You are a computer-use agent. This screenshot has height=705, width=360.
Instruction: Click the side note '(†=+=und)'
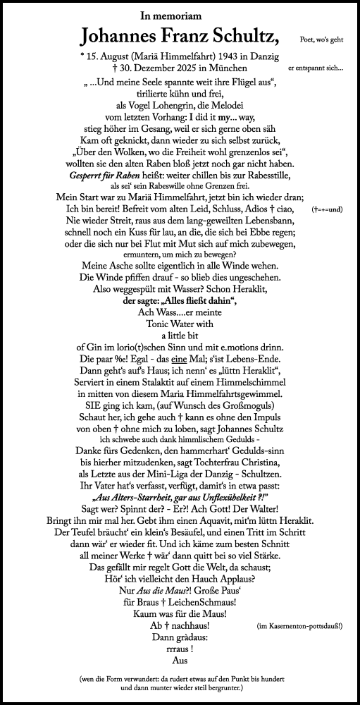click(325, 210)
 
